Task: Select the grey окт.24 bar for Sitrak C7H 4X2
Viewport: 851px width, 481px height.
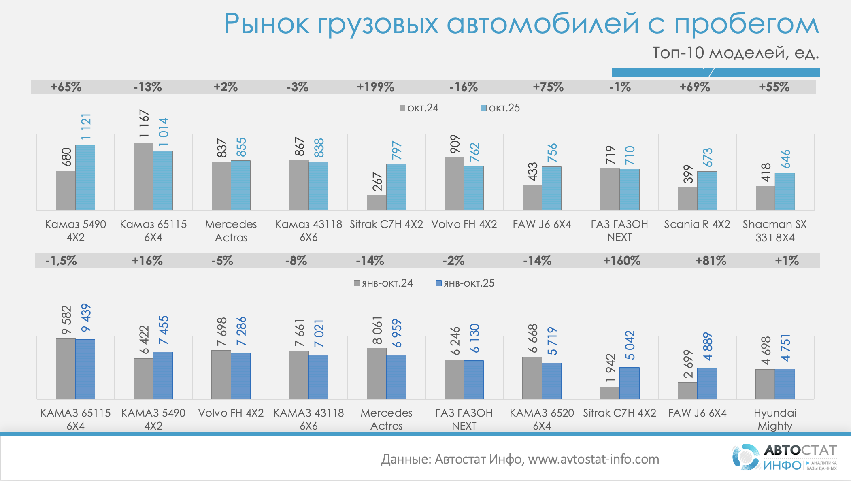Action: click(x=377, y=203)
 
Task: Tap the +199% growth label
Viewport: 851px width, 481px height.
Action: click(x=375, y=87)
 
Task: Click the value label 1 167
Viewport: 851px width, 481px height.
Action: click(x=144, y=123)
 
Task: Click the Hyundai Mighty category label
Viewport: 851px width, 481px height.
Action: click(x=775, y=419)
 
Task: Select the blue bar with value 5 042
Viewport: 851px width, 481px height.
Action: click(x=629, y=383)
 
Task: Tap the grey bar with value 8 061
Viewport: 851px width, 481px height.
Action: click(x=377, y=373)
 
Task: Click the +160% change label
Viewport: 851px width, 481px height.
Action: click(x=621, y=261)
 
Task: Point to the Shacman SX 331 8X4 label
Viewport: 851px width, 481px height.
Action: click(x=775, y=230)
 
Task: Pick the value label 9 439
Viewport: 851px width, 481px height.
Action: click(x=86, y=318)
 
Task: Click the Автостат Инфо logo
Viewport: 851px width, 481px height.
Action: click(x=784, y=457)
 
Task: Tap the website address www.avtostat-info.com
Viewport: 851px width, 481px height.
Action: click(x=594, y=459)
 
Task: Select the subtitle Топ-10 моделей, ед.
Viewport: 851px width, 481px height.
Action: click(x=735, y=53)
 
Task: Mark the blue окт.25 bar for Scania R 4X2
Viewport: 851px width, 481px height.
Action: click(x=707, y=191)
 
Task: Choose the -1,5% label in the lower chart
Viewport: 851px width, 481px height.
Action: click(x=61, y=261)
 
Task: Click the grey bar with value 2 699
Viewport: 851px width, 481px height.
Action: click(x=687, y=391)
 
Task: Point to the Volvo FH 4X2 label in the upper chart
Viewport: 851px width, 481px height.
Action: click(x=464, y=224)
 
